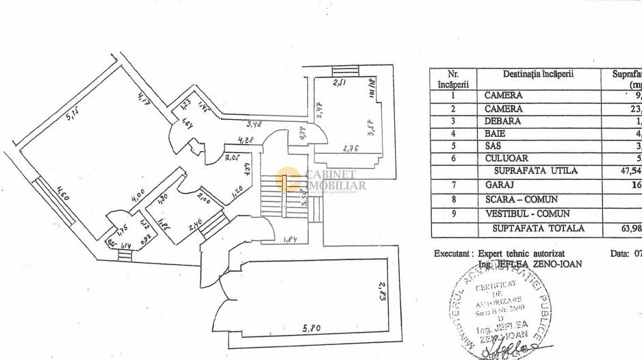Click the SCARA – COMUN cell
[521, 201]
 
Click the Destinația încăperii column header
[538, 75]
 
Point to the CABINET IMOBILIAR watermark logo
[322, 180]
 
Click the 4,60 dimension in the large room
[64, 189]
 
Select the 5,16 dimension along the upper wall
[71, 112]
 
